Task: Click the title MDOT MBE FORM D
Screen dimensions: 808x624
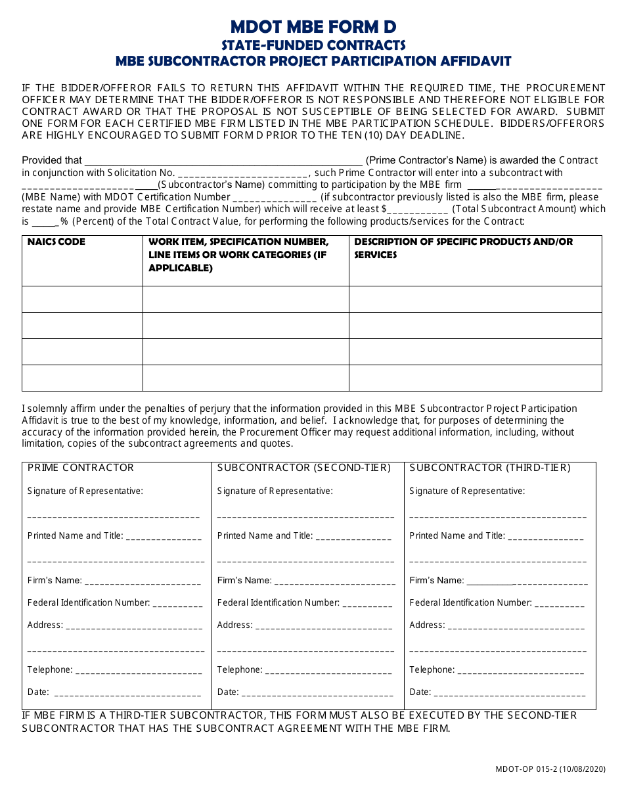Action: point(313,27)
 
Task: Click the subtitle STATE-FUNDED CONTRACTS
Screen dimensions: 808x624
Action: point(313,45)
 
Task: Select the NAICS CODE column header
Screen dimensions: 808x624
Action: point(56,242)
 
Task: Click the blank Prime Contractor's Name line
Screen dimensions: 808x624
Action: point(223,160)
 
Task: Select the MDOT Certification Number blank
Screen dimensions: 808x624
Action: point(275,198)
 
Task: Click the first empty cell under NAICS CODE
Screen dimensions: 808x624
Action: point(82,299)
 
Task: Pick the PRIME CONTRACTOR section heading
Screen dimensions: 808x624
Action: point(81,468)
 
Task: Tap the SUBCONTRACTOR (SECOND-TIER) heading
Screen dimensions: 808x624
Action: point(303,468)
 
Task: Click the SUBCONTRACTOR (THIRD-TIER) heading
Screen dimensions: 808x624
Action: point(490,468)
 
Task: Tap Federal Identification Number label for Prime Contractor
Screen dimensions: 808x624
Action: point(89,602)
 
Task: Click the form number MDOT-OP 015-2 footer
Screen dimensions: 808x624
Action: point(550,769)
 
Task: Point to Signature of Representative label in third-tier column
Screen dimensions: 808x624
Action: point(467,491)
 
